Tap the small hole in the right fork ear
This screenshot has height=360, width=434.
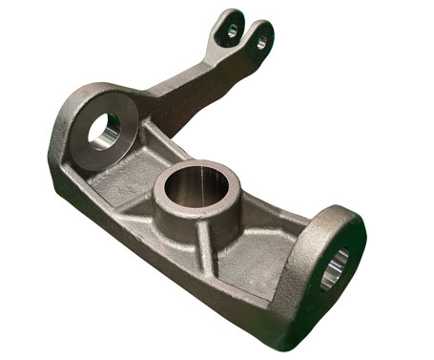[x=258, y=37]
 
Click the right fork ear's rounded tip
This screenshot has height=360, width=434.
[x=264, y=25]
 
